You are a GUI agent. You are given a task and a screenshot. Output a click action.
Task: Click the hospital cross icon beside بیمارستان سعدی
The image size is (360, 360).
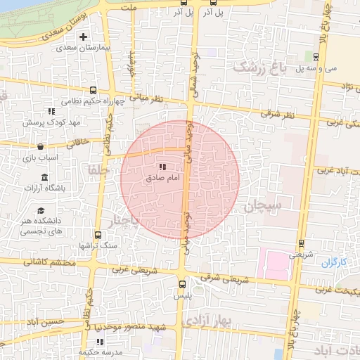pyautogui.click(x=84, y=37)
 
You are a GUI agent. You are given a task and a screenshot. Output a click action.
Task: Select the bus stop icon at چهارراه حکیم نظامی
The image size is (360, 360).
pyautogui.click(x=94, y=91)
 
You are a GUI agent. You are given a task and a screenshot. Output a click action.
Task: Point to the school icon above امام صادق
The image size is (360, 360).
pyautogui.click(x=163, y=167)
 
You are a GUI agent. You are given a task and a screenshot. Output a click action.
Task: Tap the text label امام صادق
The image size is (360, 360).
pyautogui.click(x=163, y=179)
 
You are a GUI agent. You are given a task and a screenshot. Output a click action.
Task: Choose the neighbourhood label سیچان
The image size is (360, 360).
pyautogui.click(x=263, y=206)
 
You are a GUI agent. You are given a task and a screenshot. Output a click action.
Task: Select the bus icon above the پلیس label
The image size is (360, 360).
pyautogui.click(x=183, y=285)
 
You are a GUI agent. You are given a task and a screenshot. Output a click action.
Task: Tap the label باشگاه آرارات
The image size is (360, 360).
pyautogui.click(x=44, y=188)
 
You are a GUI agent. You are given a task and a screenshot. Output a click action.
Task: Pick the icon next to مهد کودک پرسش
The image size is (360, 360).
pyautogui.click(x=51, y=111)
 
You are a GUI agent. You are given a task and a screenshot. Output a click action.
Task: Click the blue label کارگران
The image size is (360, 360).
pyautogui.click(x=335, y=262)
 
